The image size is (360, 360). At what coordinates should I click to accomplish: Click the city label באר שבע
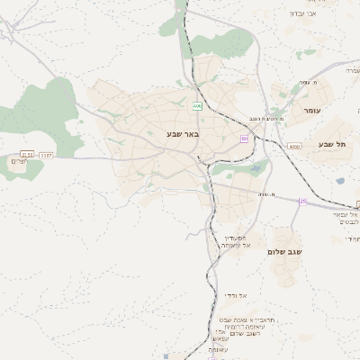coord(182,134)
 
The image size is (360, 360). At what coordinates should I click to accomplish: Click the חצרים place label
coord(19,161)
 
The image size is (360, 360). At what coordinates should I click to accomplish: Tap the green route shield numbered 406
coord(197,107)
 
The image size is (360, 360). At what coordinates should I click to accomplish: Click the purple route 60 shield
coord(244,139)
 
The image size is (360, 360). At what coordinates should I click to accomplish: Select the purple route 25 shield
coord(302,202)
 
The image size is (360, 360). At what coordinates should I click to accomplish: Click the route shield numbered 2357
coord(46,155)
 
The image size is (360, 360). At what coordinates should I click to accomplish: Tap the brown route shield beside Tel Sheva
coord(294,146)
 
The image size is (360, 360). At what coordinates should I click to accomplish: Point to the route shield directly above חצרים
coord(27,155)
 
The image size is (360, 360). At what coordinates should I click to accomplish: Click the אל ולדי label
coord(249,295)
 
